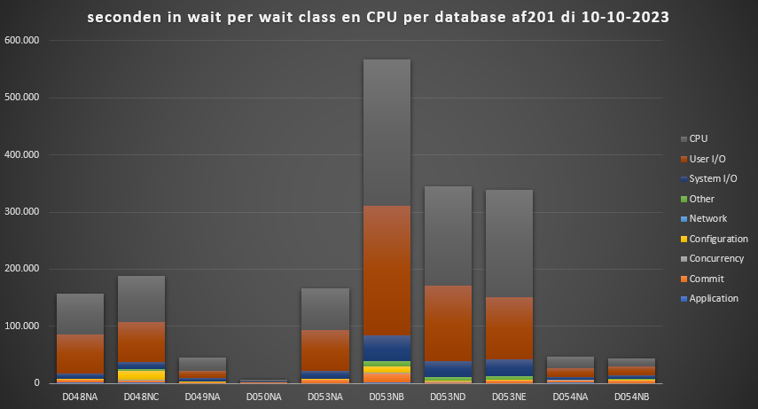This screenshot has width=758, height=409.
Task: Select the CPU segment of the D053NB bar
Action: [x=387, y=133]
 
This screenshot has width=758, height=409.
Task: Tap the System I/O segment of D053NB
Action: [x=387, y=348]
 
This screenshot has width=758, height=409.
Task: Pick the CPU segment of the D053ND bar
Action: [x=448, y=235]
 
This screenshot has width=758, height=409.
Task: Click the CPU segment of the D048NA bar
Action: [x=80, y=314]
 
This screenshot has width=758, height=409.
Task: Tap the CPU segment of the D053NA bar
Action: [x=325, y=309]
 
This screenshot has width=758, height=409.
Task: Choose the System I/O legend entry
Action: [x=712, y=178]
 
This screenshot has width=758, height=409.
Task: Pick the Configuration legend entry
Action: [x=718, y=239]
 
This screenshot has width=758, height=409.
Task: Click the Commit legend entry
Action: [x=707, y=279]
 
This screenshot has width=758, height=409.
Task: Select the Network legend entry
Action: [x=707, y=218]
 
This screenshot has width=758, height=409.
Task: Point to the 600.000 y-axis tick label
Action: [x=22, y=41]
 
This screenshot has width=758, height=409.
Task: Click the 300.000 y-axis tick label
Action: [x=22, y=212]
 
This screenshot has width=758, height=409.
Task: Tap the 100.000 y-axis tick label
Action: [x=22, y=326]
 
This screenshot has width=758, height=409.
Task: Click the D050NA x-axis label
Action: [x=264, y=395]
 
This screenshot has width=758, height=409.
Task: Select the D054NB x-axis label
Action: [x=632, y=395]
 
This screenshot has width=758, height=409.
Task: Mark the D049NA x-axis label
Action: [x=203, y=395]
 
